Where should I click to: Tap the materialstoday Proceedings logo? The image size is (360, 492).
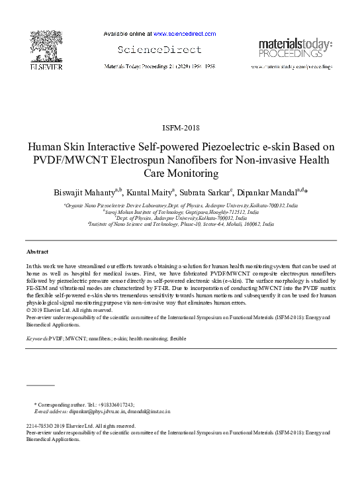[x=295, y=46]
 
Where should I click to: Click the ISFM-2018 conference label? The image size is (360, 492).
[x=180, y=127]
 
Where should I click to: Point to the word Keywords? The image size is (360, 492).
[x=36, y=338]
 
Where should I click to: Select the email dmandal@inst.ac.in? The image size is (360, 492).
[x=150, y=411]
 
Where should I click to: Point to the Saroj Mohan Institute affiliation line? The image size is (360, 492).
[x=181, y=212]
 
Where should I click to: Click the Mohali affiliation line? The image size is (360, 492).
[x=181, y=224]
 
